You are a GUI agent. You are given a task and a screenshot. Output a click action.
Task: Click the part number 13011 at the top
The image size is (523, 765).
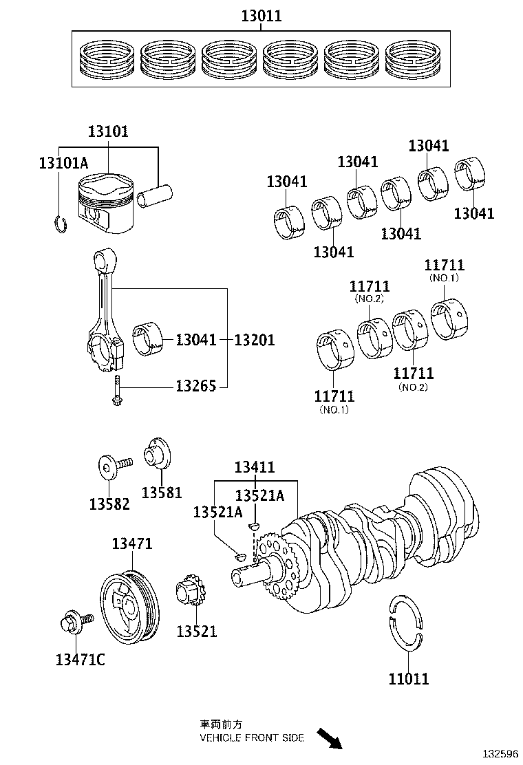point(261,16)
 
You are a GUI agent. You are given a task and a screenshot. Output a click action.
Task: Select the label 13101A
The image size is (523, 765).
point(63,163)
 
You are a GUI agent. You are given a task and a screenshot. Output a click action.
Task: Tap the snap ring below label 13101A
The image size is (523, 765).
point(60,224)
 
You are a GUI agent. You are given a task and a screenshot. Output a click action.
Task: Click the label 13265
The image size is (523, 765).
point(196,386)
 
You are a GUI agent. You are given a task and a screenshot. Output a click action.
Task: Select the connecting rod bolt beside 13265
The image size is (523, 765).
point(117,390)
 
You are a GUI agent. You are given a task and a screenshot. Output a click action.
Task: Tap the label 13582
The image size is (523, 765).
point(109,504)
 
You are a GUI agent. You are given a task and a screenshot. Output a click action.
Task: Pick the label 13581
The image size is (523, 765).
point(162,492)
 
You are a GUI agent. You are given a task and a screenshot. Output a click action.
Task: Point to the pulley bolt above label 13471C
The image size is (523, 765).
point(72,623)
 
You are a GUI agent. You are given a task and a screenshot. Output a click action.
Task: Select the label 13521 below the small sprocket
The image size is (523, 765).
point(196,631)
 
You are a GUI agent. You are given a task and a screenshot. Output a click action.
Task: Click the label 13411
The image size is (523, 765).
point(255,467)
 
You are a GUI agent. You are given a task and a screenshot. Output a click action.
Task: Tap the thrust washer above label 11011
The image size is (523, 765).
point(407,620)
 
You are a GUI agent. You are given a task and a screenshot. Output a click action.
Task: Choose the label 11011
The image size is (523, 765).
point(408,679)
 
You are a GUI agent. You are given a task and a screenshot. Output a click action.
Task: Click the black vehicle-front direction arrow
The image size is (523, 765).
point(330,739)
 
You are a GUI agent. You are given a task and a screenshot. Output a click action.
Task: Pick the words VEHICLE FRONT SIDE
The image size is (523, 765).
point(251,737)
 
